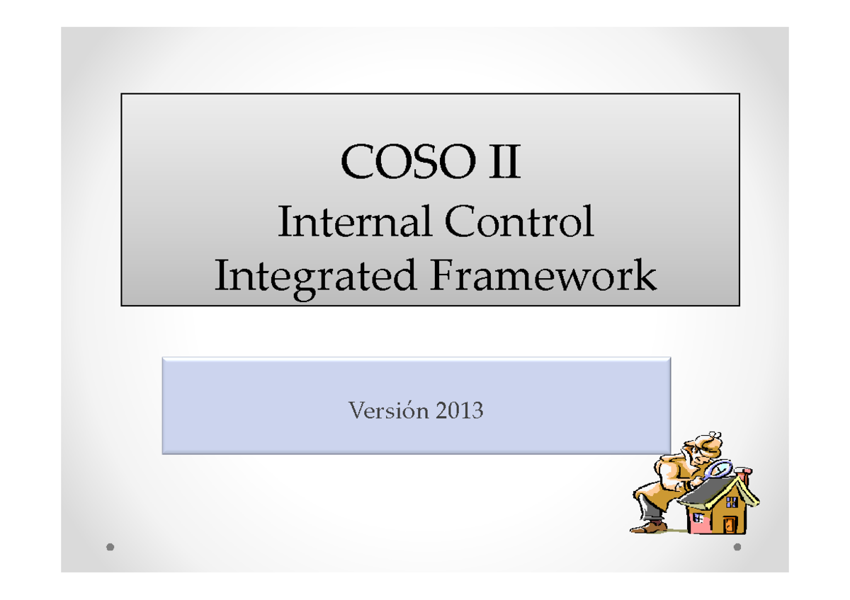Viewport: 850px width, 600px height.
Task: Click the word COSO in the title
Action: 399,163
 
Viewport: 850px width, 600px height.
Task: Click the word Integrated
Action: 315,276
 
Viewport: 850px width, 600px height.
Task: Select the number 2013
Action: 460,410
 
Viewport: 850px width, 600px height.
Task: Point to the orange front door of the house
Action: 730,524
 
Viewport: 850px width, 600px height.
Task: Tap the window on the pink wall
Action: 698,518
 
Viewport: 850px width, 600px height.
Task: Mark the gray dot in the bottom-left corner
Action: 110,547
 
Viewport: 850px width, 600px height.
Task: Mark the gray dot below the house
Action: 737,547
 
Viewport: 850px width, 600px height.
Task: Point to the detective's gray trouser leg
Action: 648,507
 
